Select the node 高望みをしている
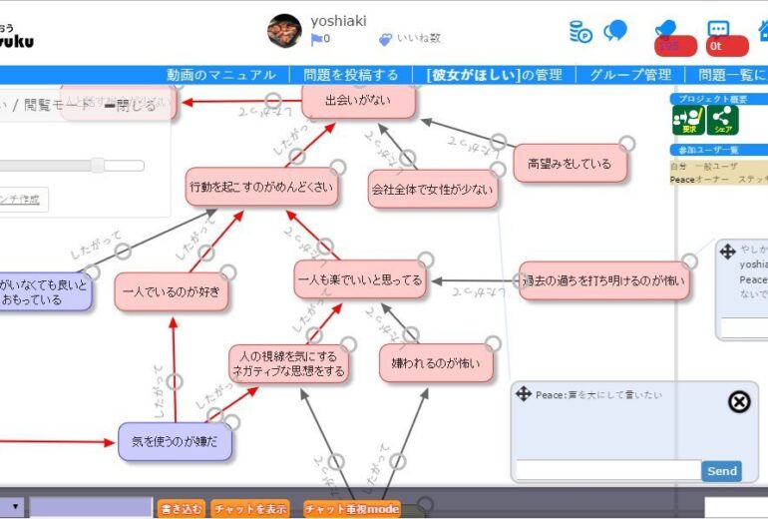571,164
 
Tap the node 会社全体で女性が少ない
432,188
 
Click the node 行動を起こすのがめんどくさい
261,187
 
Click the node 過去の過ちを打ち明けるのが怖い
604,281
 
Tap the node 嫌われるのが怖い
436,363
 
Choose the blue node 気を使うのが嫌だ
175,440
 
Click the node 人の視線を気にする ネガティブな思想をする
289,364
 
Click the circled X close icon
738,401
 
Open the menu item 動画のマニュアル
221,75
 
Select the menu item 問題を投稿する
351,75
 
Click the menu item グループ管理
630,75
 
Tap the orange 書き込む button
182,509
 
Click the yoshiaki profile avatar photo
285,31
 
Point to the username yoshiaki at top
338,20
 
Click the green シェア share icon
722,120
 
